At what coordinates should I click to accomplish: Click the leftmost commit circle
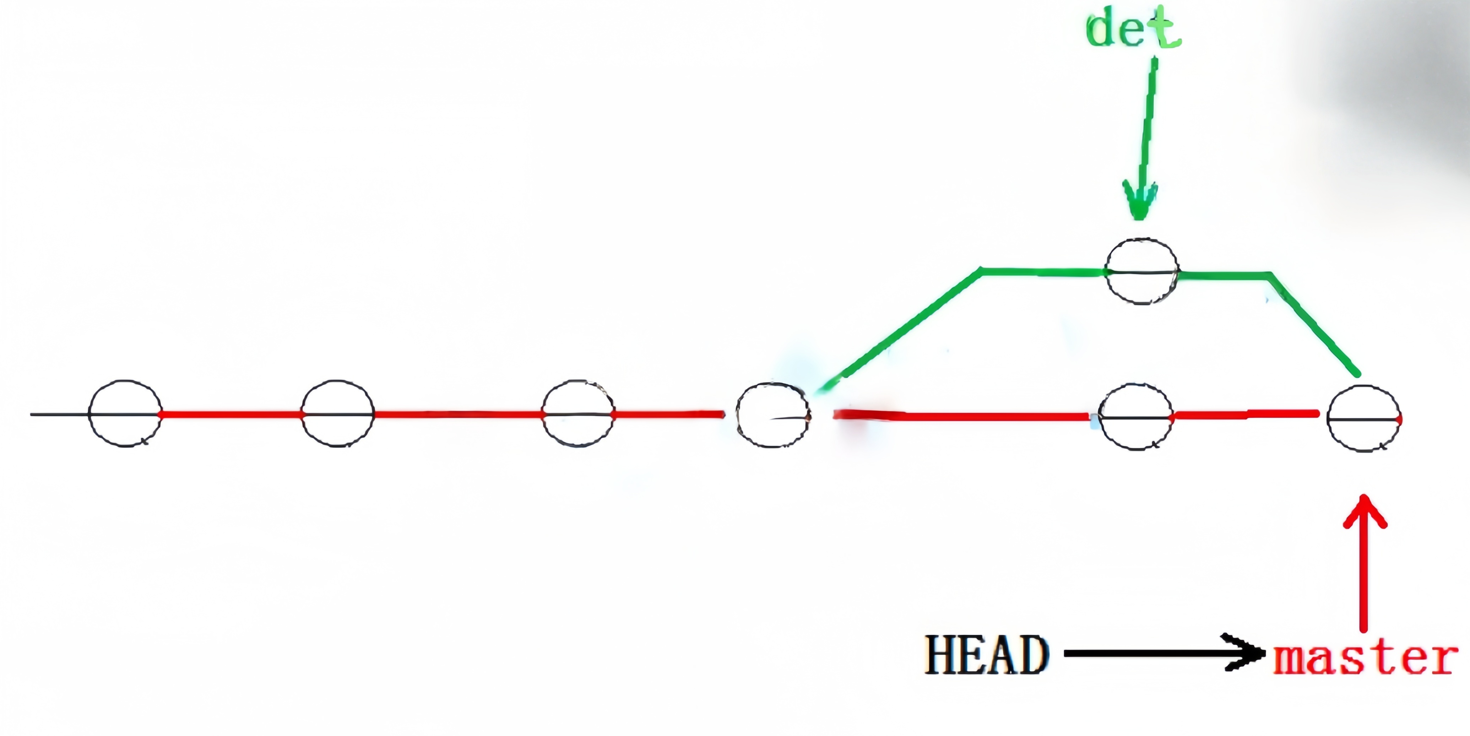(125, 413)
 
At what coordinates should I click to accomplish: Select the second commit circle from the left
(337, 413)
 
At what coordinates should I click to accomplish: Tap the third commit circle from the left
(577, 413)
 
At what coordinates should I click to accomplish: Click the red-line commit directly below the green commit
(1135, 417)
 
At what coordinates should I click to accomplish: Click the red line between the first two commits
(231, 414)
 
